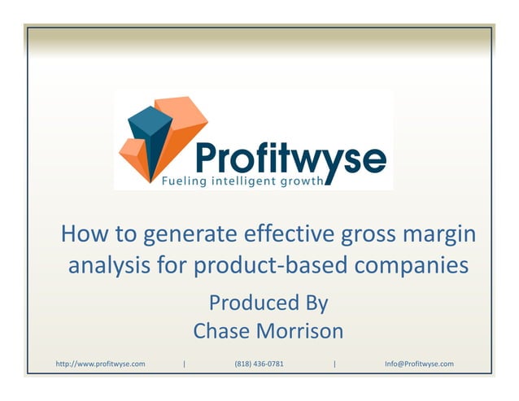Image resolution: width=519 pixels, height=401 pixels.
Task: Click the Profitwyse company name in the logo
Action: point(290,157)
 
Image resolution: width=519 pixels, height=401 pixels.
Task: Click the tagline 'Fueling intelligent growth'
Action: point(230,181)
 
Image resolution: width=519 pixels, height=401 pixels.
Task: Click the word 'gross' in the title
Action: point(367,237)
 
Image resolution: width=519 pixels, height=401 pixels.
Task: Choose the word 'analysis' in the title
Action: point(106,265)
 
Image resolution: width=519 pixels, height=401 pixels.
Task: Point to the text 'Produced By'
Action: point(268,303)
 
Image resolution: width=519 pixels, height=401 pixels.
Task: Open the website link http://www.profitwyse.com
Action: point(100,364)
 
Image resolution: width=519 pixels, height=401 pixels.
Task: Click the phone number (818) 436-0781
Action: point(259,364)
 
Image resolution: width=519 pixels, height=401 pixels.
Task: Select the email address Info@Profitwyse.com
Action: point(419,364)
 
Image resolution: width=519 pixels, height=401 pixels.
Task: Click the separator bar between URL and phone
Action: point(185,364)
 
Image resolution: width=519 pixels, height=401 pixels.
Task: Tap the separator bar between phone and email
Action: point(334,364)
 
